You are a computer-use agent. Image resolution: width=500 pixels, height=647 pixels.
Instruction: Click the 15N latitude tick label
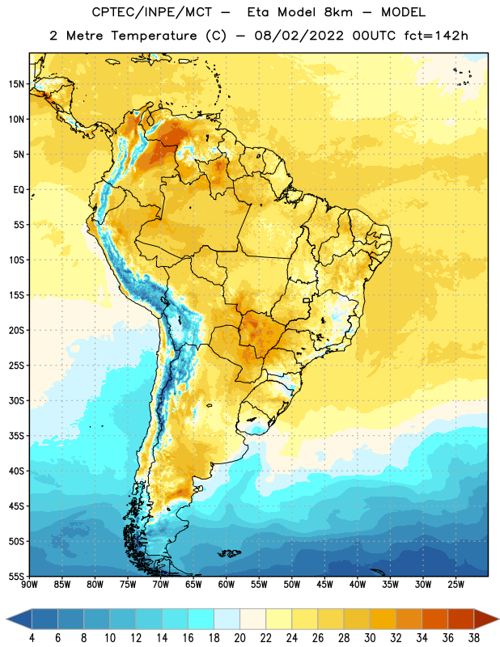pos(16,84)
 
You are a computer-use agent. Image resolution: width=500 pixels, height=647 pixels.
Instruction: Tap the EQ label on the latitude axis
pos(19,190)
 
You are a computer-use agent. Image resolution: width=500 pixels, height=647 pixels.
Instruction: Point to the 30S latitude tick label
pos(16,400)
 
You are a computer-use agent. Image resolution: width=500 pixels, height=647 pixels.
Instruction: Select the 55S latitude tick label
pos(16,576)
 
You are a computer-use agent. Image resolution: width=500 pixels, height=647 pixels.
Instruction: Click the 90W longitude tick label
pos(29,585)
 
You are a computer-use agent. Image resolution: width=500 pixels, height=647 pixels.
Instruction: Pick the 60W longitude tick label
pos(227,585)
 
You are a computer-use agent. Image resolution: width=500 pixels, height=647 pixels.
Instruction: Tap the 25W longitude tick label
pos(456,585)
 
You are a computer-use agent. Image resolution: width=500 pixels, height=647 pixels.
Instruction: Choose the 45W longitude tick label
pos(324,585)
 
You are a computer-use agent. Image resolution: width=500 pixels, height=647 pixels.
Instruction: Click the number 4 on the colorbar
pos(32,638)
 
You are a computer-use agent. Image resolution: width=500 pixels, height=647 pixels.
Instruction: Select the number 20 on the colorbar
pos(239,638)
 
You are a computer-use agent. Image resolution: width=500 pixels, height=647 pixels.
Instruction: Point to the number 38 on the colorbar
pos(474,638)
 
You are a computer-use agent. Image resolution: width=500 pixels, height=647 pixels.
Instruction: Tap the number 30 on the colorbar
pos(370,638)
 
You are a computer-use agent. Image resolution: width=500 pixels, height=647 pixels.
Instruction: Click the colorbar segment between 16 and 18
pos(201,620)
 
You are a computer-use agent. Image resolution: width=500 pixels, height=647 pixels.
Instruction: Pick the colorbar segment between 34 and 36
pos(435,620)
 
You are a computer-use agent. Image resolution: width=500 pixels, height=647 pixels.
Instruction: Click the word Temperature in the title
pos(154,36)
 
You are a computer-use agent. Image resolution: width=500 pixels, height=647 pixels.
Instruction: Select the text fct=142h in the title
pos(436,36)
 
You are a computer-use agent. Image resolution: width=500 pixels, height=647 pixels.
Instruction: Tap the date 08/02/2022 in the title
pos(299,36)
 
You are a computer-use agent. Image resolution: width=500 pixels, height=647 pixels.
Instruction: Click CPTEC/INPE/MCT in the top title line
pos(151,12)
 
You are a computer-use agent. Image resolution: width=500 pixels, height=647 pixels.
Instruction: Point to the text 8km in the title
pos(338,12)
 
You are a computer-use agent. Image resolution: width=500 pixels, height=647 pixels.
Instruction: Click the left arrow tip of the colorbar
pos(6,620)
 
